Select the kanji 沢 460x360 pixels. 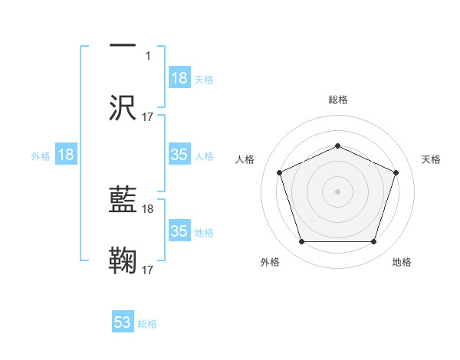[x=122, y=106]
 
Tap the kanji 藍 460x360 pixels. [x=122, y=201]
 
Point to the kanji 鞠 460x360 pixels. [x=122, y=260]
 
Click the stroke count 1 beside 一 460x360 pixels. [x=149, y=56]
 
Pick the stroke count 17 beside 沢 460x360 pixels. [x=148, y=116]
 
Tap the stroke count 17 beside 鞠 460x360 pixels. [x=148, y=270]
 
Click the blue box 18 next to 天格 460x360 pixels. [x=179, y=78]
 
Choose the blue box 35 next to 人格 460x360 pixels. [x=179, y=155]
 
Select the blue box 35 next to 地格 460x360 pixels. [x=179, y=231]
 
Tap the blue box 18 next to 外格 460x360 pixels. [x=66, y=155]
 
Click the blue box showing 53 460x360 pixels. [x=123, y=322]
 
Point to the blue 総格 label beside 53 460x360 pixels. [x=147, y=324]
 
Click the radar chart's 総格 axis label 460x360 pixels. [x=337, y=100]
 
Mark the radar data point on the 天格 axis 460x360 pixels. [x=396, y=172]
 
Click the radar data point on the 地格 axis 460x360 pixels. [x=373, y=242]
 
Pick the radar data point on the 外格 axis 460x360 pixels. [x=301, y=242]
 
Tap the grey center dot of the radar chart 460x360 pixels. [x=337, y=191]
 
